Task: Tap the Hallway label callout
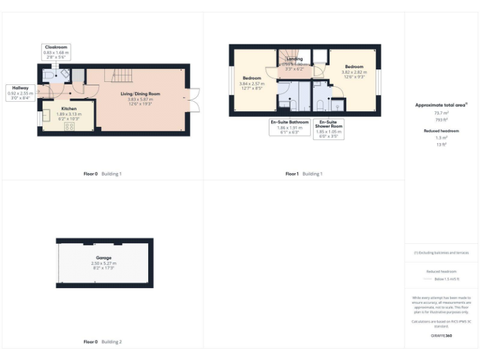point(20,92)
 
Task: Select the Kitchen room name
point(69,108)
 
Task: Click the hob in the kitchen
point(69,126)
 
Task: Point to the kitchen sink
point(46,116)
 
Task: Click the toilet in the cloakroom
point(50,75)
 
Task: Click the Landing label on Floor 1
point(294,59)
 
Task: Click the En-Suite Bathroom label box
point(289,127)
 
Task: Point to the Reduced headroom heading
point(442,131)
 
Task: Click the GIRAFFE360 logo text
point(441,336)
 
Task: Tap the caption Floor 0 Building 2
point(103,342)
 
